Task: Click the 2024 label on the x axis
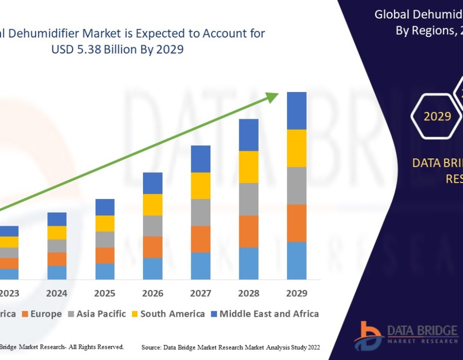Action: coord(57,293)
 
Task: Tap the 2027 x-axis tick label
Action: coord(200,293)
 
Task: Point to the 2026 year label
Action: coord(152,293)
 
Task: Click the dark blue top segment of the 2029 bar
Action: coord(296,111)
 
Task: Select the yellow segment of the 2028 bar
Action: coord(248,167)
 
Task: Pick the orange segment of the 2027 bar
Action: coord(200,239)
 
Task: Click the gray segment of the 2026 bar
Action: coord(152,226)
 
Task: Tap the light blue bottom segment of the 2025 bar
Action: coord(104,272)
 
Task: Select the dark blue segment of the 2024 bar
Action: coord(57,219)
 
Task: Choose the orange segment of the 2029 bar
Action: coord(296,223)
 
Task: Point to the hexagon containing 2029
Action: coord(437,116)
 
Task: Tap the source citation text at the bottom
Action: coord(230,348)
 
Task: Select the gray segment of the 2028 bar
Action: coord(248,199)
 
